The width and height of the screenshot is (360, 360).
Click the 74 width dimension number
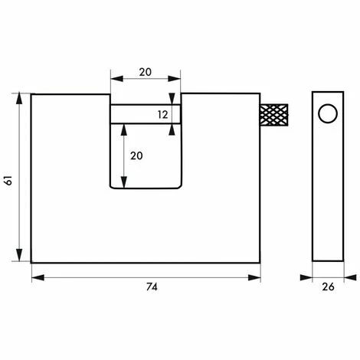click(152, 287)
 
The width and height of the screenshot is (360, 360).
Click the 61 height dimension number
click(8, 181)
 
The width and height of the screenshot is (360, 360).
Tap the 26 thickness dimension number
click(328, 287)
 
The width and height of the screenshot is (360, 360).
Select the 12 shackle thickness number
click(162, 115)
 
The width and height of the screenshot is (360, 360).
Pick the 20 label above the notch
click(145, 72)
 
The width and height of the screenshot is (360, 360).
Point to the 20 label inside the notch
click(136, 155)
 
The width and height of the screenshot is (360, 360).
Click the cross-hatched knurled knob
click(274, 115)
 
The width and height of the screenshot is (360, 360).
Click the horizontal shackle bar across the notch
click(146, 114)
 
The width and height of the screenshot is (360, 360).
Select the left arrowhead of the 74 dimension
click(38, 278)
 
